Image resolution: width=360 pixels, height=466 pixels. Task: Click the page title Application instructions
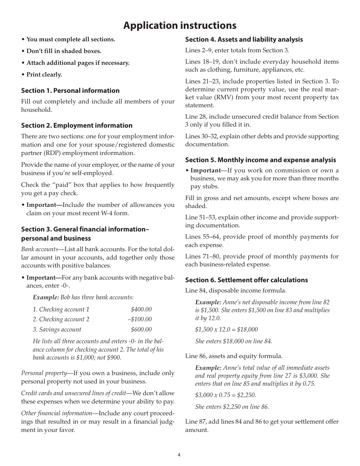180,25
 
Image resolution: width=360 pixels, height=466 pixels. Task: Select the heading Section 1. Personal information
70,91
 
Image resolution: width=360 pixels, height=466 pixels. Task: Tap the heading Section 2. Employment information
77,125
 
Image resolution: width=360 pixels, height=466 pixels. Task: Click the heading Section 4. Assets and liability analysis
244,39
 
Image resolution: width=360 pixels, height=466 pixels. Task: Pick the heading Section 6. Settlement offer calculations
246,280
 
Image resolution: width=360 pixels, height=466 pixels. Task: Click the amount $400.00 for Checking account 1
141,310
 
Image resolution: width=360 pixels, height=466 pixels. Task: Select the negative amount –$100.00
139,319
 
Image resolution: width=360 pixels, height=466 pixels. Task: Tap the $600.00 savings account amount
141,330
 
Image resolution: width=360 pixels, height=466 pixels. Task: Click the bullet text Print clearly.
44,75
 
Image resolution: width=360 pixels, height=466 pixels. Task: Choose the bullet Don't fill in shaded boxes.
64,51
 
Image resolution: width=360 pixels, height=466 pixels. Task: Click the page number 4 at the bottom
179,455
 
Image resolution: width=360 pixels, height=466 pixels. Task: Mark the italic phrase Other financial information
56,413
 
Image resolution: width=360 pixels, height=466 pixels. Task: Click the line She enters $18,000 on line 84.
233,341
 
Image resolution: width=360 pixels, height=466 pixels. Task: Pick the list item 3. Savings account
57,330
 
